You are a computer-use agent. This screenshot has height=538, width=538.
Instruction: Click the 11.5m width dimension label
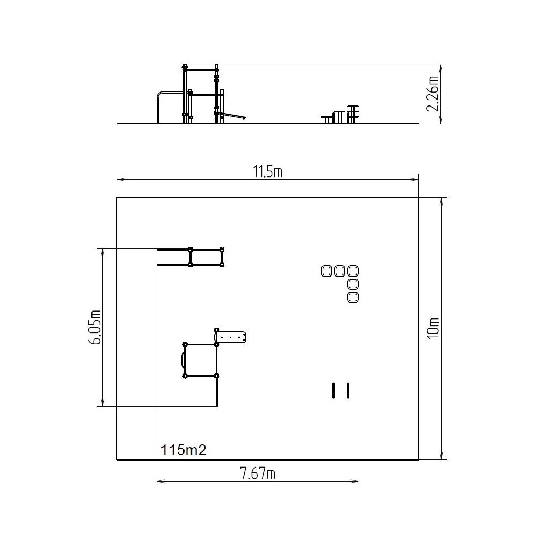(x=267, y=172)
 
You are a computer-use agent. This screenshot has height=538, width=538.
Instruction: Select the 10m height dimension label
(x=433, y=328)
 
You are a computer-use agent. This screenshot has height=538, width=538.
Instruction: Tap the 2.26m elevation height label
(x=433, y=94)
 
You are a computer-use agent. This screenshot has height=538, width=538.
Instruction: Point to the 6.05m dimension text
(x=95, y=327)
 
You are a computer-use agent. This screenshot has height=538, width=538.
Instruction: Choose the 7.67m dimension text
(x=258, y=473)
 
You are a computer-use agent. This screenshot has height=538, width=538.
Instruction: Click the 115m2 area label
(x=183, y=450)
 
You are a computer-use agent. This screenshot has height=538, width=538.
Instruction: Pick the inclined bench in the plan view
(x=231, y=337)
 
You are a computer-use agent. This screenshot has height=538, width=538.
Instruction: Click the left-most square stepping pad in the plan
(x=327, y=271)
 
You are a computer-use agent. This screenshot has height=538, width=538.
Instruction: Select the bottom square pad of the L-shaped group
(x=353, y=298)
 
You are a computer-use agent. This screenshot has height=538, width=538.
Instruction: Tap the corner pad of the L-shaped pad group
(x=353, y=271)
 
